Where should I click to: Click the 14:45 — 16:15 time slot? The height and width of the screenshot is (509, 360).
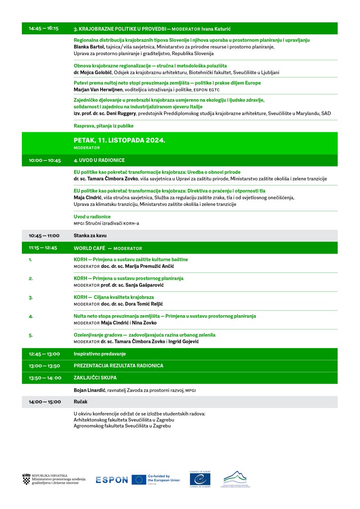[x=44, y=28]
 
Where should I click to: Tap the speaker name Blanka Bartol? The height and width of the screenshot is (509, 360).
[x=89, y=47]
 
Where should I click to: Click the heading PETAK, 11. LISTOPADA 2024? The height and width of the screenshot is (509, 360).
[x=119, y=141]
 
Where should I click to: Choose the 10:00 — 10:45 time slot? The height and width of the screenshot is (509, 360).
[x=45, y=161]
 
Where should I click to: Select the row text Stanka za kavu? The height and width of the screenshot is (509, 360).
[x=90, y=236]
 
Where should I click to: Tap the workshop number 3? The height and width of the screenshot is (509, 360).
[x=31, y=297]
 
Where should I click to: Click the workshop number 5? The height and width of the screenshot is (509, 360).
[x=31, y=335]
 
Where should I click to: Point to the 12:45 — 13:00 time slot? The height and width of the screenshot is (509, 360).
[x=44, y=354]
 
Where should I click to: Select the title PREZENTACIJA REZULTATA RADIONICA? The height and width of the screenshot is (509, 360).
[x=118, y=366]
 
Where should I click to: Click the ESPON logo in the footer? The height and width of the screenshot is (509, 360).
[x=112, y=480]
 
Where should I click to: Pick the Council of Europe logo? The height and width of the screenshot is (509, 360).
[x=200, y=479]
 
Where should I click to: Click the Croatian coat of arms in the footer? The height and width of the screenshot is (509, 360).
[x=26, y=480]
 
